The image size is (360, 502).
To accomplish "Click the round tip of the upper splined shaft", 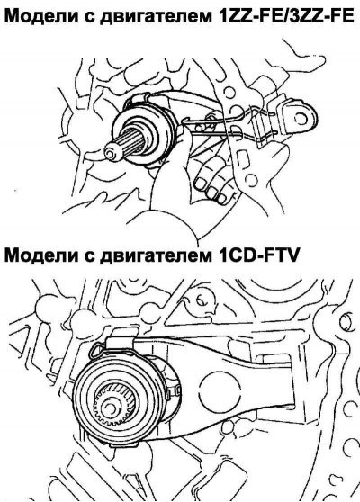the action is [x=111, y=155].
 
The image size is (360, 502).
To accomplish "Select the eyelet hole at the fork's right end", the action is [x=301, y=118].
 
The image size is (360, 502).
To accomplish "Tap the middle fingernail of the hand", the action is [x=211, y=193].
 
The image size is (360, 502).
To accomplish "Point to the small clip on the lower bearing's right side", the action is [x=177, y=390].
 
